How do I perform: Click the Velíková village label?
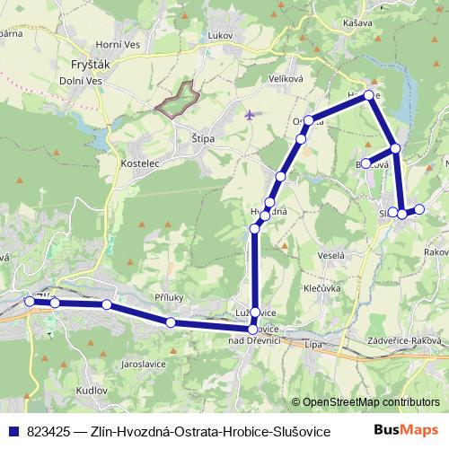[x=287, y=79]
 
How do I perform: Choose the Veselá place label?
[x=330, y=255]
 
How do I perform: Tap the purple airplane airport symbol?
[x=249, y=115]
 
